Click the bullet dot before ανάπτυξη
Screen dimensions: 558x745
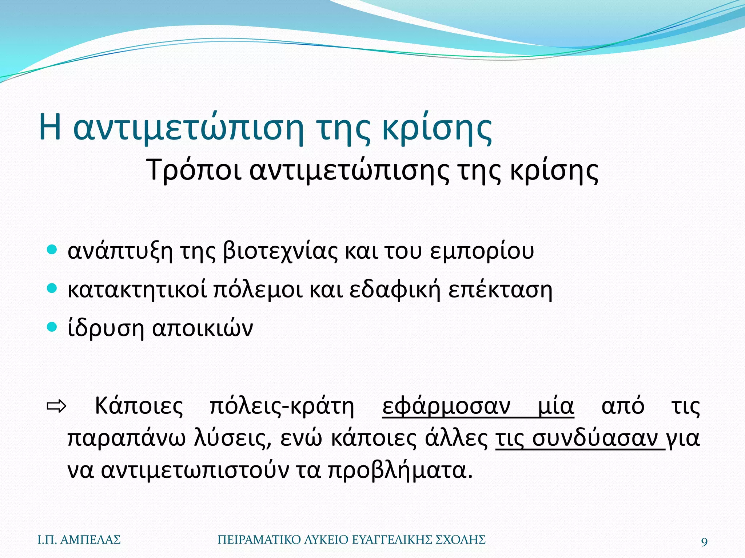pyautogui.click(x=52, y=250)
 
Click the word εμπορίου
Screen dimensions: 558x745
pyautogui.click(x=482, y=251)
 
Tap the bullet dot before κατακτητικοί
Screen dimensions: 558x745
pyautogui.click(x=52, y=288)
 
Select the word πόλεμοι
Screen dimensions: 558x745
pyautogui.click(x=258, y=290)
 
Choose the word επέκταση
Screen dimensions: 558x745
pyautogui.click(x=500, y=290)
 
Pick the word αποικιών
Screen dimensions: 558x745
pyautogui.click(x=202, y=328)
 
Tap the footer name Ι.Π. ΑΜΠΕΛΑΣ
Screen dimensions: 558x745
pyautogui.click(x=79, y=540)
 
